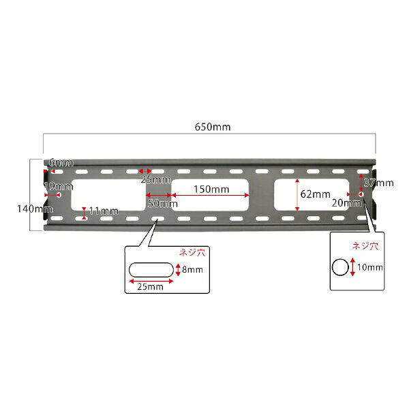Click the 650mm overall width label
(213, 127)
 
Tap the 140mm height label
(35, 209)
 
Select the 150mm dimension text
(211, 190)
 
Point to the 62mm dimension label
(315, 194)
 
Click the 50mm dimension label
(163, 203)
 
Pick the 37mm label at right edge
(379, 183)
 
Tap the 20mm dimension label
(347, 203)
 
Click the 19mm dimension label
(59, 186)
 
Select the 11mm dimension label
(104, 211)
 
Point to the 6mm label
(61, 163)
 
